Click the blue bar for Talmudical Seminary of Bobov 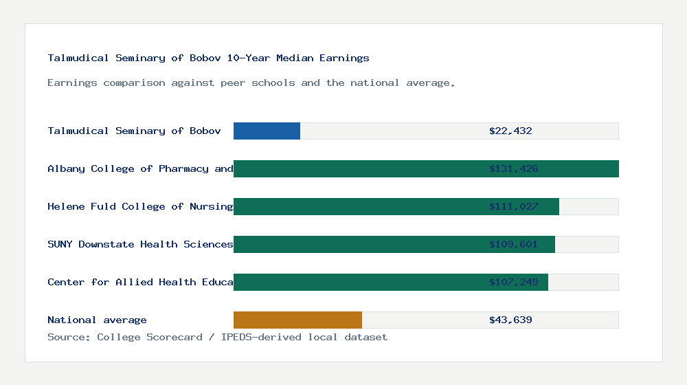267,131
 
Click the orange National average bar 297,320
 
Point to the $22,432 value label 510,131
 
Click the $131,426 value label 513,168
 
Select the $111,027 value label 513,206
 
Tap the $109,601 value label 513,244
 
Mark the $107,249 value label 513,282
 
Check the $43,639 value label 510,320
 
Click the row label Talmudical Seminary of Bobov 134,131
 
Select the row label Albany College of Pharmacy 140,168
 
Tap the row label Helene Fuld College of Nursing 140,206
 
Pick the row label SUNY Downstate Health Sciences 140,244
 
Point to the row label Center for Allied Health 140,282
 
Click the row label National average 97,320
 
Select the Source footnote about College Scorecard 217,337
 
